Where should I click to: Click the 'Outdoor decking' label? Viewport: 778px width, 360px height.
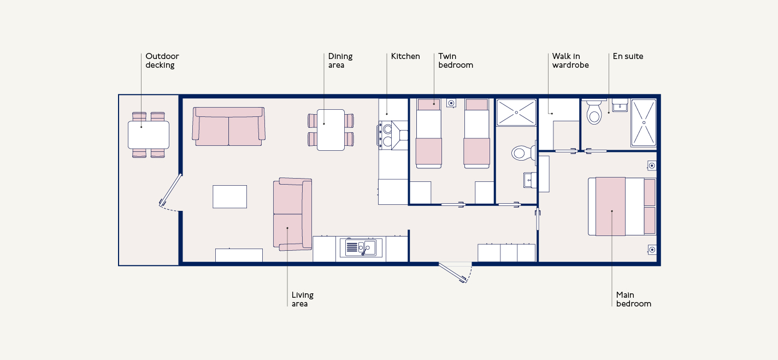tap(162, 61)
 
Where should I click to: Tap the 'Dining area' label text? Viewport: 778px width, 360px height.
tap(340, 61)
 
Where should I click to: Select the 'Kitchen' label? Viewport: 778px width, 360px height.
tap(405, 56)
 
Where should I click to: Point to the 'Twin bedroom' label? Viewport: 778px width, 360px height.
tap(456, 61)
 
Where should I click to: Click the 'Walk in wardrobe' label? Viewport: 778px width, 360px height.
tap(570, 61)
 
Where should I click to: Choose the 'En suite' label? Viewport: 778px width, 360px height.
tap(628, 56)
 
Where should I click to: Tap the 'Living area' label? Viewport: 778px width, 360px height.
tap(303, 299)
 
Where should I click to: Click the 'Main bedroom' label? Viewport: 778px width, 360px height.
tap(634, 299)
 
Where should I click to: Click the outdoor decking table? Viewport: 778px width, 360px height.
tap(149, 135)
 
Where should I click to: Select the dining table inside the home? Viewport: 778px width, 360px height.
tap(331, 130)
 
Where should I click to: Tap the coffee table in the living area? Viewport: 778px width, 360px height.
tap(229, 197)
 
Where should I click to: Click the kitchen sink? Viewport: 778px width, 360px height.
tap(361, 247)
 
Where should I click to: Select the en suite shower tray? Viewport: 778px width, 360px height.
tap(644, 123)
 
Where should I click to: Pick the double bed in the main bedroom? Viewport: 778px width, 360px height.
tap(622, 206)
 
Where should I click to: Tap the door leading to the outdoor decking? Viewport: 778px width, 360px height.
tap(170, 190)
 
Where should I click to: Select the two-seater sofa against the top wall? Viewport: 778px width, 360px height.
tap(228, 126)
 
